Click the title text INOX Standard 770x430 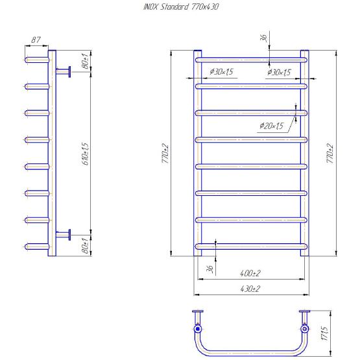[x=181, y=7]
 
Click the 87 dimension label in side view [x=36, y=40]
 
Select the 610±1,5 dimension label [x=85, y=154]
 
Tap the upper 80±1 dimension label [x=85, y=61]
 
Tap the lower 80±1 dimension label [x=85, y=246]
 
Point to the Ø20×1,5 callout [x=272, y=126]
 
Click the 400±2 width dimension [x=250, y=273]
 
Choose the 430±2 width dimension [x=250, y=289]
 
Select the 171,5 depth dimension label [x=325, y=333]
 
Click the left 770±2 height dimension [x=165, y=153]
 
